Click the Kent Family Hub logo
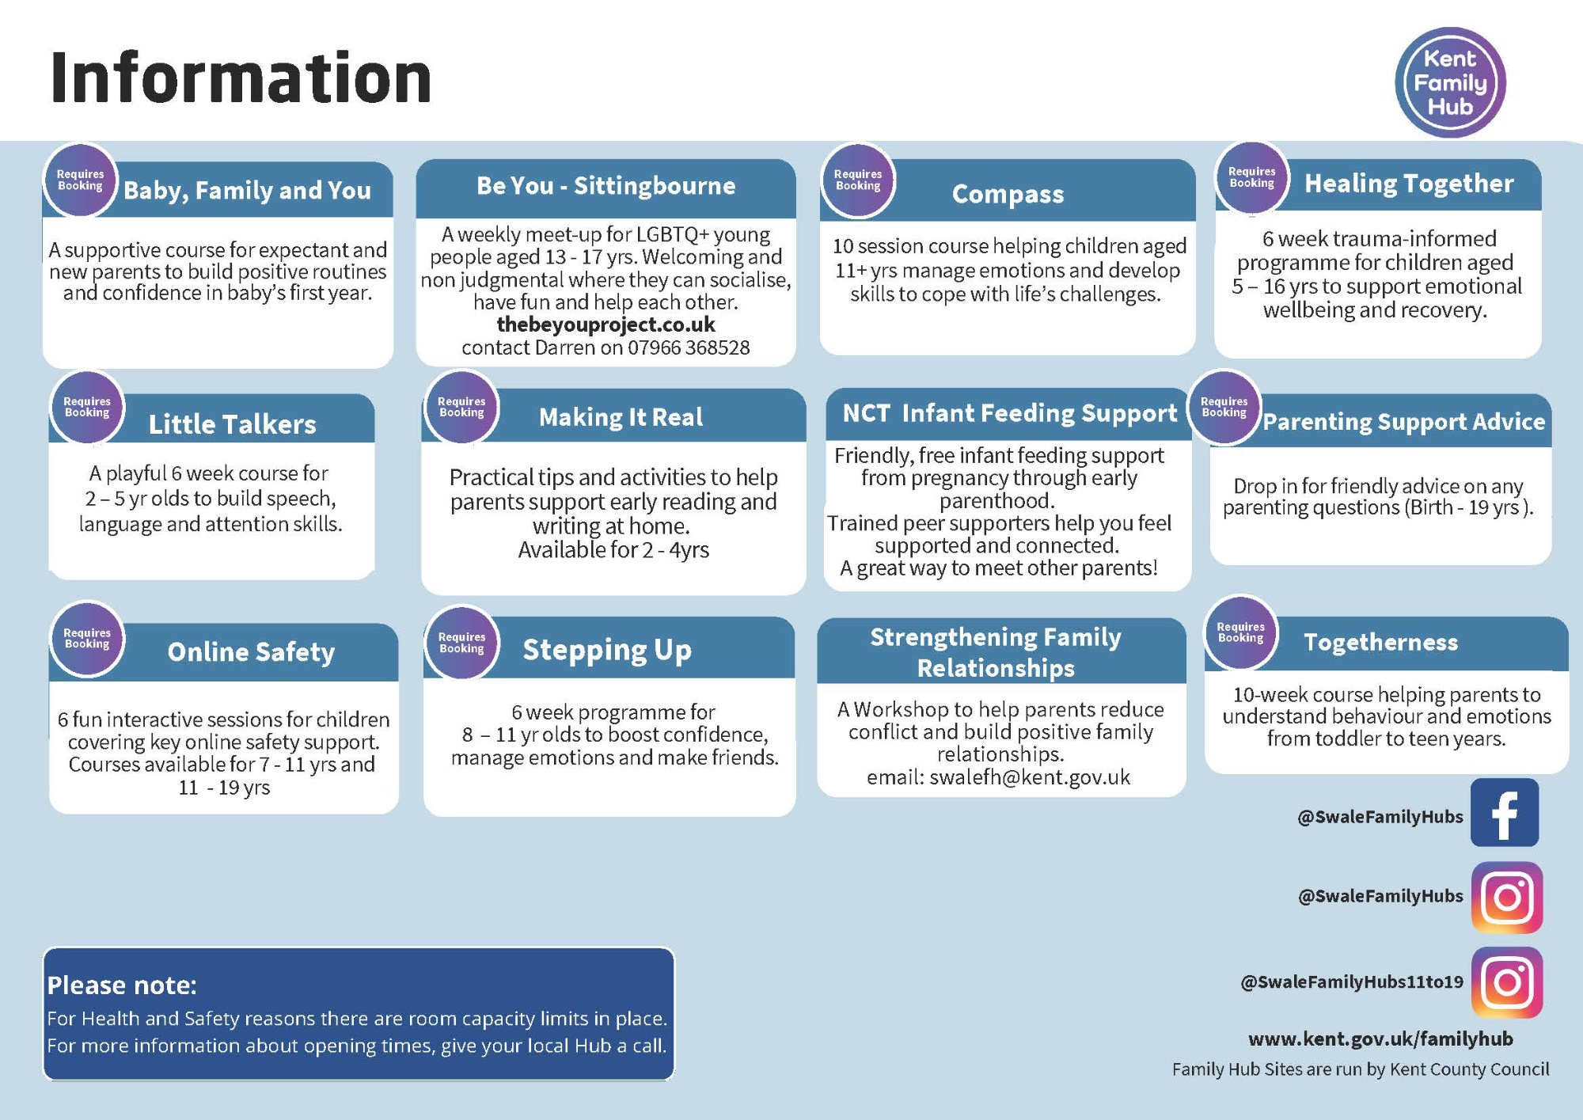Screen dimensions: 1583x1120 (x=1450, y=82)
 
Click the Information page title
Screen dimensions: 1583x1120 (x=241, y=78)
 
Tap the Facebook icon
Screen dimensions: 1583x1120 (x=1505, y=812)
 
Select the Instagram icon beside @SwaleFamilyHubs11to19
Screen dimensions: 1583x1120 (x=1507, y=982)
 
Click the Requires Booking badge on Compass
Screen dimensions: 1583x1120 (x=858, y=180)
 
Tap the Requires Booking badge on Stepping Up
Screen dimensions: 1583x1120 (x=461, y=643)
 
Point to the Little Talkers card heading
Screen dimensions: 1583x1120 (x=232, y=424)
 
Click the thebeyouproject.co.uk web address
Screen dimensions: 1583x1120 (x=605, y=325)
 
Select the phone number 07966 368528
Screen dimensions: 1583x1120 (x=689, y=347)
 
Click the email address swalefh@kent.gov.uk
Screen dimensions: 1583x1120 (x=1030, y=777)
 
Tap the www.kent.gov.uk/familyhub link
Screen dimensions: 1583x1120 (x=1380, y=1038)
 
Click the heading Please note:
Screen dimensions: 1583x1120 (x=122, y=985)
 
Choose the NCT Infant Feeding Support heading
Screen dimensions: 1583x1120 (x=1010, y=413)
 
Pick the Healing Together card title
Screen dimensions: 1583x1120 (x=1409, y=184)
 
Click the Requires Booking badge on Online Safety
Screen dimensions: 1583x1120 (x=87, y=639)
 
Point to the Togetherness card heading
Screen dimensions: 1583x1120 (x=1380, y=642)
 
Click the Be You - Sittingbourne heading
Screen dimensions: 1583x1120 (x=605, y=185)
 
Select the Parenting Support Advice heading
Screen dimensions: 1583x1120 (x=1403, y=422)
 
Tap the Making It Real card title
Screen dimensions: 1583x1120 (x=621, y=417)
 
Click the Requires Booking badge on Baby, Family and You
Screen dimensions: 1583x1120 (x=80, y=180)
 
